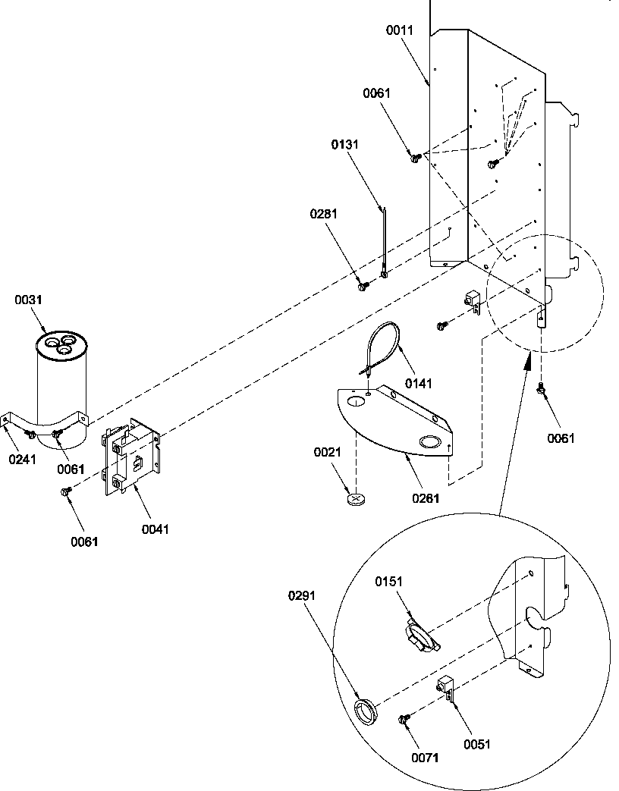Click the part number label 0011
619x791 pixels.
400,30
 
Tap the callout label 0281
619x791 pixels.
324,214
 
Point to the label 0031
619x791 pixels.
28,300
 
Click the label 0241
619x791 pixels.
23,458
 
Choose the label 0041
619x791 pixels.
155,529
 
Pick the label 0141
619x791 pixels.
418,385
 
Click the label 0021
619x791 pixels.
328,453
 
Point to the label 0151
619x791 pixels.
389,581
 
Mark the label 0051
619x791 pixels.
478,744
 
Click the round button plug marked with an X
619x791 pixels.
357,499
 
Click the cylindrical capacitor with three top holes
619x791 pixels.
64,387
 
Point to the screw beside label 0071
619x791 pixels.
404,717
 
